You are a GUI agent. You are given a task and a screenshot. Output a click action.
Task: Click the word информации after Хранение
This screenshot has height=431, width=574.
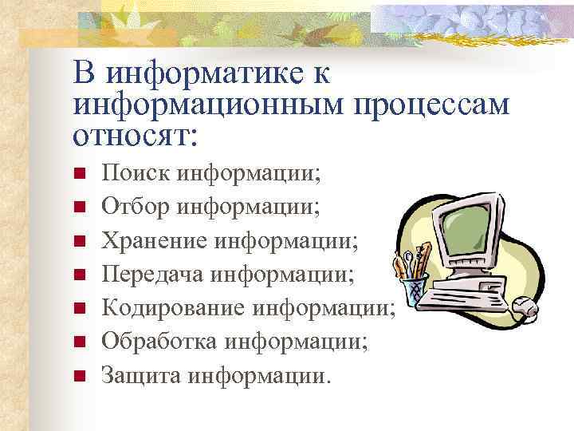302,240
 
